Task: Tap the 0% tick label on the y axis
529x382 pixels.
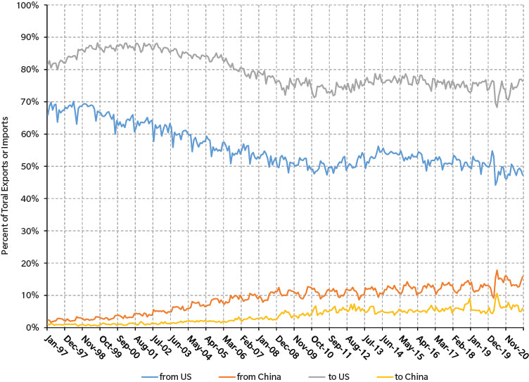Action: point(34,328)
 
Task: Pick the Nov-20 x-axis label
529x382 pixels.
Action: point(516,342)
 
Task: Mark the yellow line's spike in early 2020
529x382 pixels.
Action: point(497,293)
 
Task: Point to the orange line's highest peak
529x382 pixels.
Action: point(497,270)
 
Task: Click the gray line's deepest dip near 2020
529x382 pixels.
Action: point(497,106)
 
